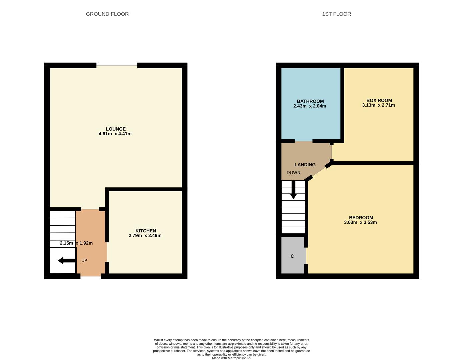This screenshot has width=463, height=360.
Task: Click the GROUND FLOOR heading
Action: [x=107, y=14]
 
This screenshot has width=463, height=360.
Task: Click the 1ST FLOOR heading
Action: [x=336, y=14]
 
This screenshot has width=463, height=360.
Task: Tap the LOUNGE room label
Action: [x=116, y=129]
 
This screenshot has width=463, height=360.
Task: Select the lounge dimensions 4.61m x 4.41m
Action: [x=115, y=134]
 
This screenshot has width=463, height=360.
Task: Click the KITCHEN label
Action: [x=146, y=231]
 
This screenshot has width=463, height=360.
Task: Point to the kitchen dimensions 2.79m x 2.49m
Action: [x=145, y=236]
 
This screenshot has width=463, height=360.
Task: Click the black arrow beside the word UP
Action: [x=67, y=260]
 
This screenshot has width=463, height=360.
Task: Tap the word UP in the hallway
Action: [x=84, y=260]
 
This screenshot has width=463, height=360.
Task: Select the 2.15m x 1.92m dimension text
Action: [x=76, y=243]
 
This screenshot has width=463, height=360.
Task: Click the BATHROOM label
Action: [x=310, y=101]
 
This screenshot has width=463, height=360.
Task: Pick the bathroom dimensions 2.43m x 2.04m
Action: [x=310, y=106]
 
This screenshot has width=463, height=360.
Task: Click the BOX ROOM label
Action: [x=379, y=100]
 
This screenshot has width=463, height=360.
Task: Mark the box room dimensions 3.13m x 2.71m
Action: [x=378, y=105]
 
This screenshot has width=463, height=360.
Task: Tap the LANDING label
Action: [x=305, y=165]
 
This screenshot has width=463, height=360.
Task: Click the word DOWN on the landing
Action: [x=293, y=173]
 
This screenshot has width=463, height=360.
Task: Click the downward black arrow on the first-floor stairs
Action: [x=293, y=190]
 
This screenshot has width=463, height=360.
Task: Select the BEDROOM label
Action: [x=361, y=218]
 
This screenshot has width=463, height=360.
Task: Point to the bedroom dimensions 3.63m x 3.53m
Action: [x=360, y=223]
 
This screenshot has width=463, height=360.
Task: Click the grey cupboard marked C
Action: [x=293, y=256]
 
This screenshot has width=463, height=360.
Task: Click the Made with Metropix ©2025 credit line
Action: [x=232, y=358]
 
